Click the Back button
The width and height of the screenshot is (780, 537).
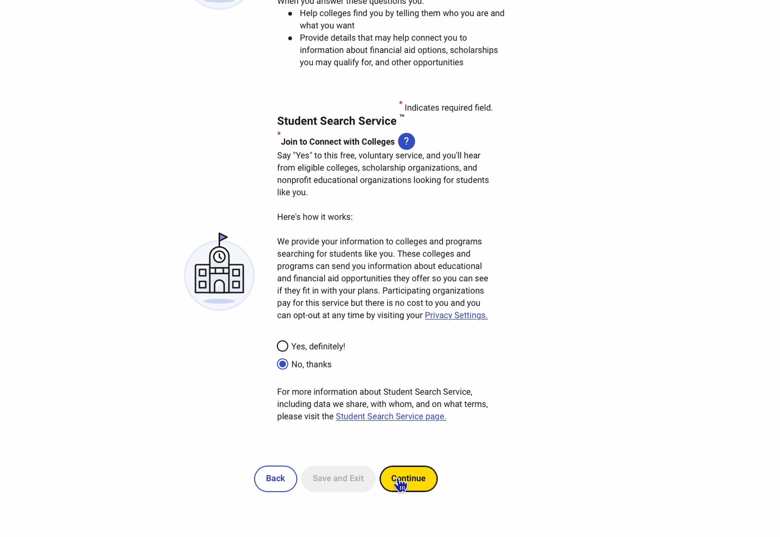click(x=275, y=479)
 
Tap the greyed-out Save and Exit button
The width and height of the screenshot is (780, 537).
click(x=338, y=479)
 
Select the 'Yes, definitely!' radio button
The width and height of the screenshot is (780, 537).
click(x=283, y=346)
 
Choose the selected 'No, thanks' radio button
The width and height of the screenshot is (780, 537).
click(x=283, y=364)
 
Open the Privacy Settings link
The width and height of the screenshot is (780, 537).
click(x=456, y=315)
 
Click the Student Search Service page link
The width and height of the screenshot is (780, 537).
click(x=390, y=417)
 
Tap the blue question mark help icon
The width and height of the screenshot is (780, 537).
click(x=406, y=142)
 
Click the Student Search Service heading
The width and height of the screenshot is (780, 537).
click(x=336, y=121)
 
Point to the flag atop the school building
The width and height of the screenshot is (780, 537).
click(x=223, y=238)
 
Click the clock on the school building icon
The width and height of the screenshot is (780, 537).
click(x=219, y=257)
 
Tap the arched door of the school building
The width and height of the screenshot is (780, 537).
click(x=219, y=286)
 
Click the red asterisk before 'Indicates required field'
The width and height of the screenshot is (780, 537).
click(x=401, y=104)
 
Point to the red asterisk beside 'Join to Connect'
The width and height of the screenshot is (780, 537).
click(x=279, y=134)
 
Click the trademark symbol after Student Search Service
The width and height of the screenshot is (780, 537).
click(x=402, y=116)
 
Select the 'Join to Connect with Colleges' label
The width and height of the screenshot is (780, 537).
click(x=337, y=142)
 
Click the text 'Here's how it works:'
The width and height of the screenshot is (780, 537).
click(x=314, y=217)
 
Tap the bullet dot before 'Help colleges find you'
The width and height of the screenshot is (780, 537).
click(x=290, y=14)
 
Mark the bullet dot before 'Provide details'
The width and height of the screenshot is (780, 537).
click(x=290, y=38)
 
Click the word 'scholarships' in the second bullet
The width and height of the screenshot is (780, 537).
click(x=473, y=50)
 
